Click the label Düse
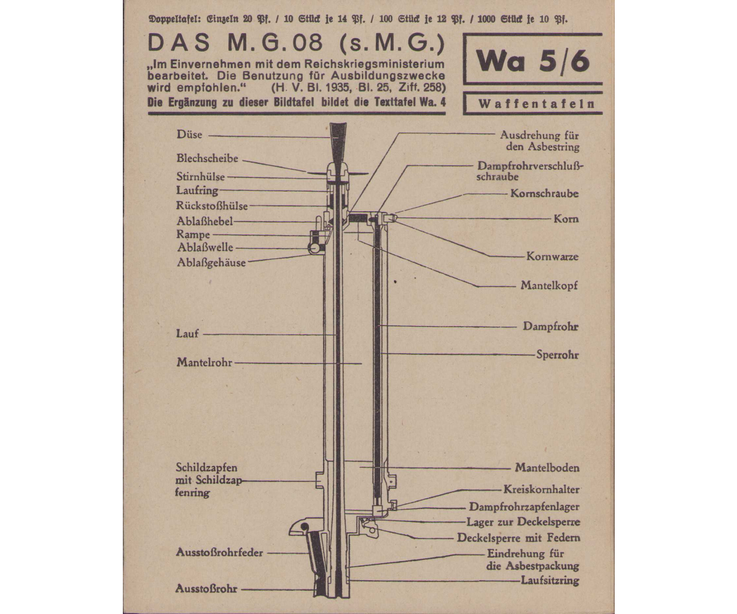190,134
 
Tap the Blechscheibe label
207,158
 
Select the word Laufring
197,190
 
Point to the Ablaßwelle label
205,247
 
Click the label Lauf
187,333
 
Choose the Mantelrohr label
205,362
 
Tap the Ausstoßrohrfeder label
219,553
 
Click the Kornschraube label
545,194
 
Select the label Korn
566,219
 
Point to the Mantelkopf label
549,285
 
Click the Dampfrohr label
551,326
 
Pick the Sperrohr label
558,354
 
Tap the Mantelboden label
547,468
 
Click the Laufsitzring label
550,580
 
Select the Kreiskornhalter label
542,489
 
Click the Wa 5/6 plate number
533,61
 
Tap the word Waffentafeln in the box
537,104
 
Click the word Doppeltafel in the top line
174,19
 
